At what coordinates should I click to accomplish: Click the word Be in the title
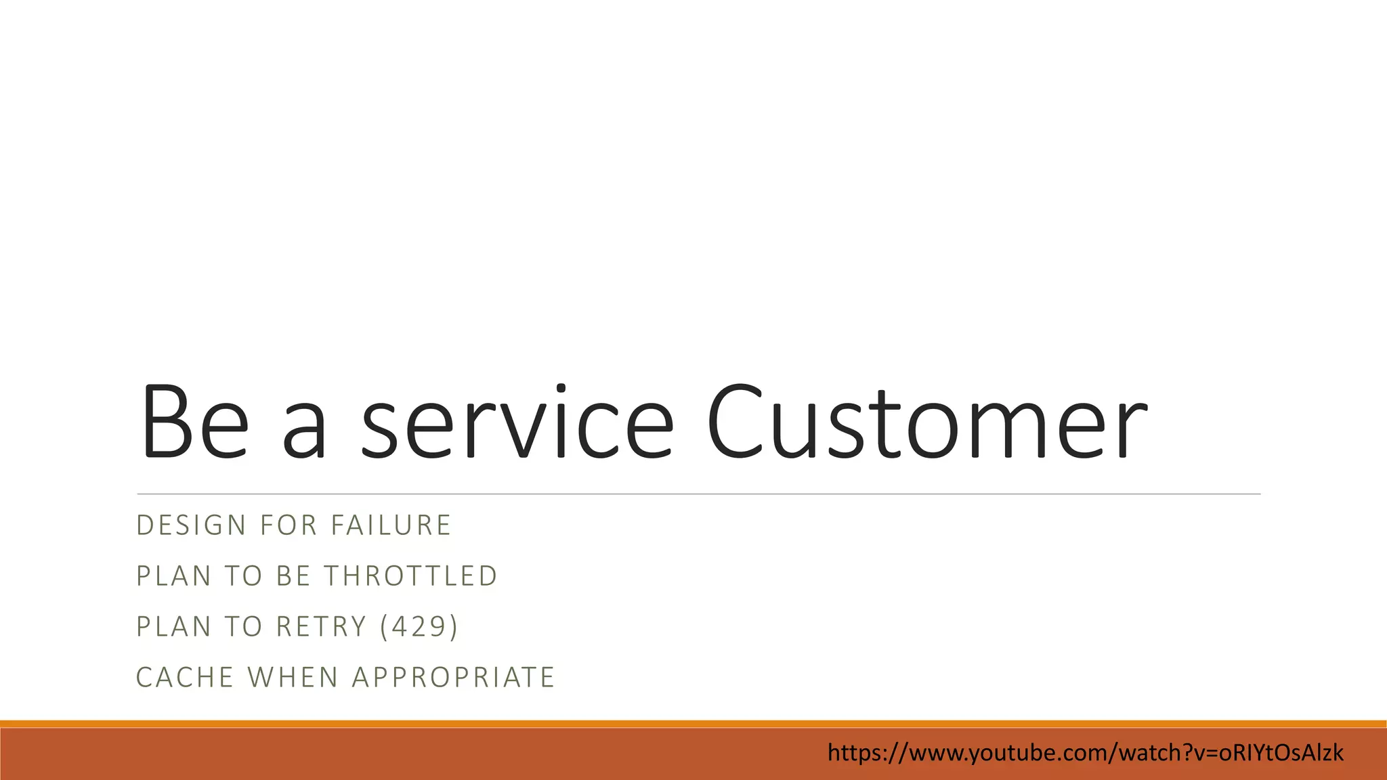click(x=194, y=422)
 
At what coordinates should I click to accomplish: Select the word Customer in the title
click(x=926, y=422)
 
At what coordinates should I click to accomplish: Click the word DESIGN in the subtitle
click(x=192, y=525)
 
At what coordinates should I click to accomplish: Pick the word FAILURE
click(x=391, y=525)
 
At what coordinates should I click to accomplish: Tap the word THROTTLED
click(x=411, y=576)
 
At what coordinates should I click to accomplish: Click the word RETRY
click(x=322, y=627)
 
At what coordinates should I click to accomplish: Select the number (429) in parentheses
click(x=419, y=627)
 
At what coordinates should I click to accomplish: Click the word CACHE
click(x=185, y=678)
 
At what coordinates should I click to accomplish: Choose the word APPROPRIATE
click(x=454, y=678)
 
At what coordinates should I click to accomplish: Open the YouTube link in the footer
click(x=1085, y=753)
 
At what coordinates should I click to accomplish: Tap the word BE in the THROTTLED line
click(x=293, y=576)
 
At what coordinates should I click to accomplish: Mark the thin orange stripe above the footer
click(x=693, y=724)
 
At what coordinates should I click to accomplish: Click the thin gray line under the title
click(x=698, y=494)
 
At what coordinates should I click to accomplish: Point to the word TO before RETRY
click(x=243, y=627)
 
